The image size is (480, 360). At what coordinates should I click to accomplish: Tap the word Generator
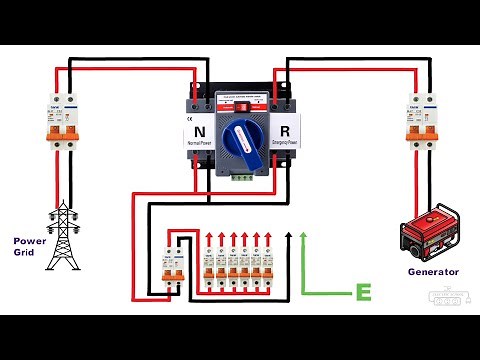pos(433,271)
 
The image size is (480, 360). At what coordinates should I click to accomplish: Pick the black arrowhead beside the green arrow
pos(289,235)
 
